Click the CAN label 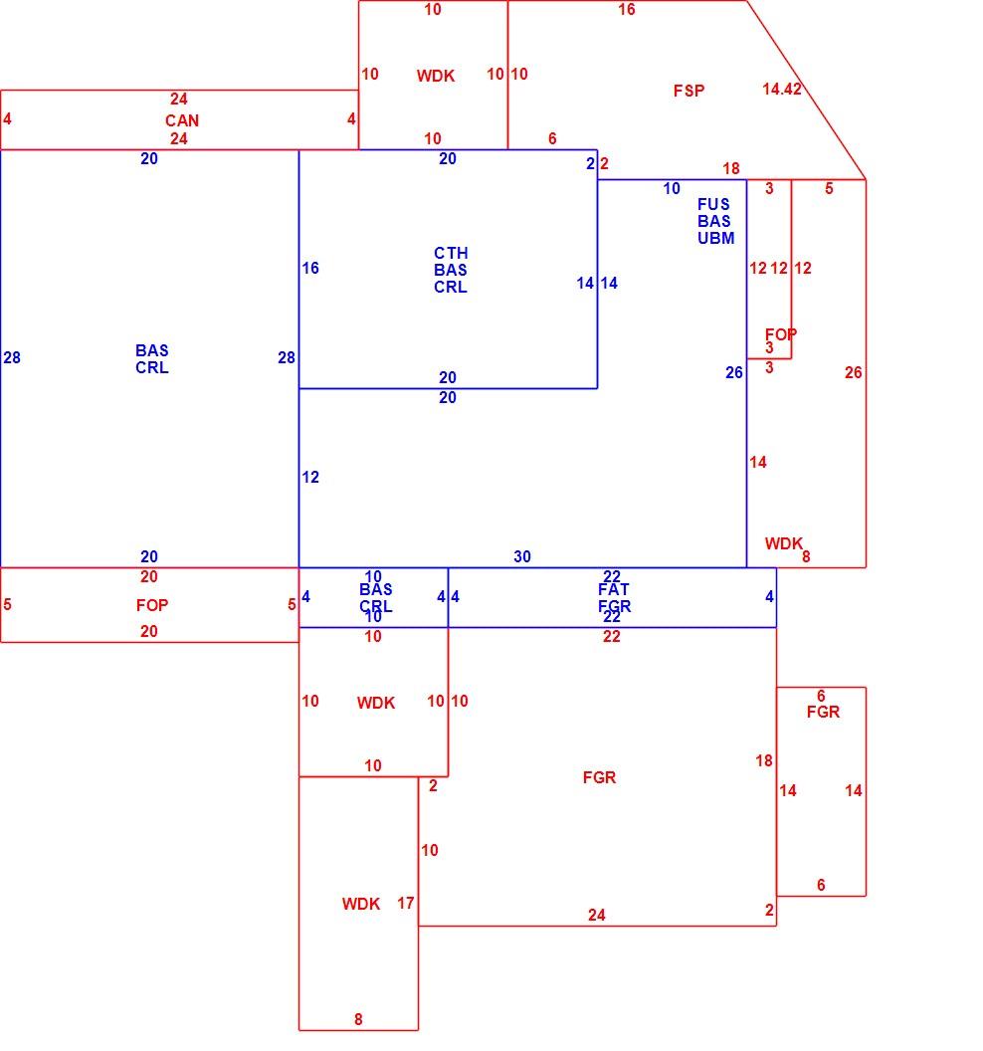(182, 120)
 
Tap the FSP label (688, 91)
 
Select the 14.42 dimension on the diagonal (781, 89)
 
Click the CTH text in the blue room (451, 254)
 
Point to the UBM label (715, 238)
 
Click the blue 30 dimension (522, 556)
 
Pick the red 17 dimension (405, 903)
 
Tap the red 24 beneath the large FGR (596, 915)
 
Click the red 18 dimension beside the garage (764, 760)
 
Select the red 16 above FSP (627, 9)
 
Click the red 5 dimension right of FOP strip (292, 604)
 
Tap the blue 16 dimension (310, 268)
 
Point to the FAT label (614, 589)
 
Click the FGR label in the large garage (599, 777)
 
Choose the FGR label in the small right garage (823, 712)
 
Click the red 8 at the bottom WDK (358, 1019)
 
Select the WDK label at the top (436, 76)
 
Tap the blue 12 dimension (310, 478)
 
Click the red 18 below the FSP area (731, 168)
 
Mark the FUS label (713, 204)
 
